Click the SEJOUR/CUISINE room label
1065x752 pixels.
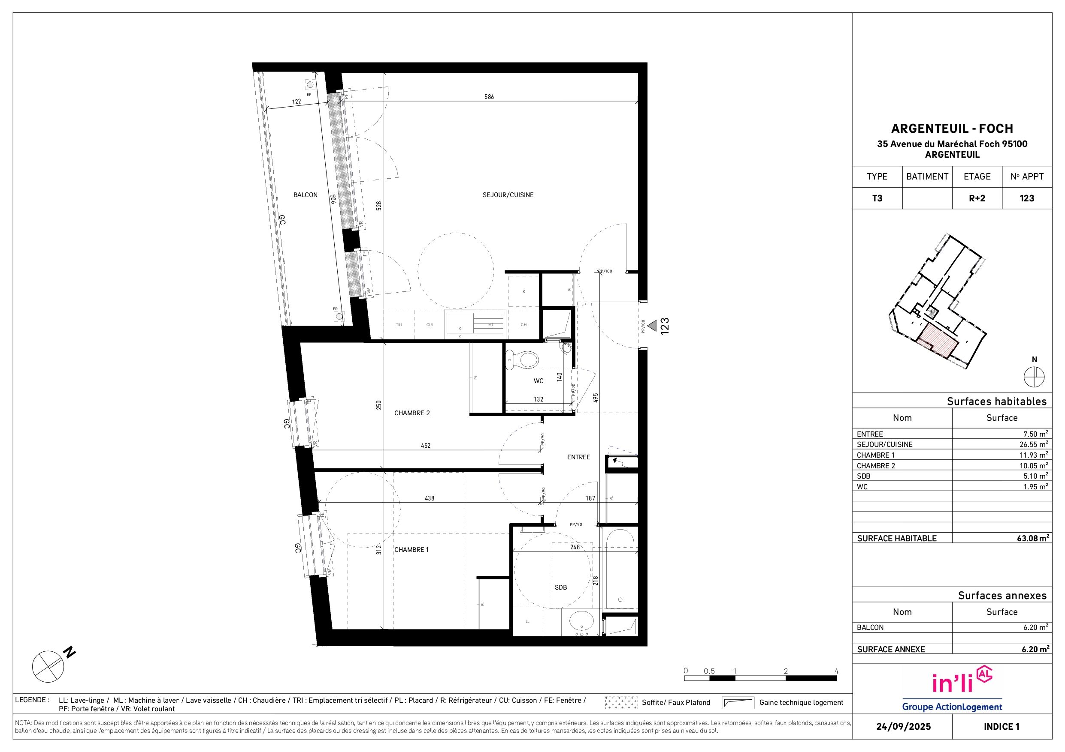point(508,195)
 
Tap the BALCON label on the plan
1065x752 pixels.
point(305,195)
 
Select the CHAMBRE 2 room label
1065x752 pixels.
point(412,413)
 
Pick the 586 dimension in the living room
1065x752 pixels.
point(489,97)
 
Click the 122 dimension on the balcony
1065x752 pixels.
point(297,102)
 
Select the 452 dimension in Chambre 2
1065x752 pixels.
point(425,446)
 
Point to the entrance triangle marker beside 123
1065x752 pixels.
point(652,326)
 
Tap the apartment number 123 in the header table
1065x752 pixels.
point(1027,198)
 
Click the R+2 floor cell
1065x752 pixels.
point(977,198)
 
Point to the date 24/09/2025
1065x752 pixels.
point(904,727)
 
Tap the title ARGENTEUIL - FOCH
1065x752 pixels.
point(952,129)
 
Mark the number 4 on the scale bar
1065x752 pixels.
point(836,671)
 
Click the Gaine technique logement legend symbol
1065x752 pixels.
point(738,703)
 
